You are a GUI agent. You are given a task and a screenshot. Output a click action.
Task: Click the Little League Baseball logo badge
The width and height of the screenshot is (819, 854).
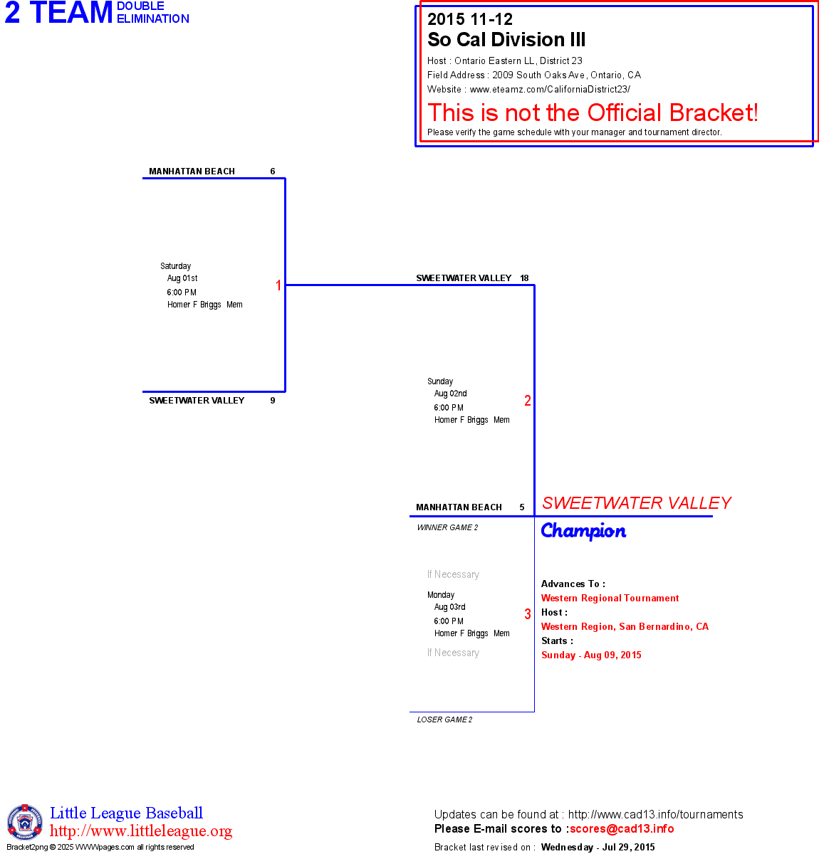[25, 822]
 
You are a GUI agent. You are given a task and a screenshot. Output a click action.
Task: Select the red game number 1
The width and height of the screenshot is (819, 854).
[278, 285]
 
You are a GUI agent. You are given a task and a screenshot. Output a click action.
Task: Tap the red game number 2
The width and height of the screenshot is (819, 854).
[528, 401]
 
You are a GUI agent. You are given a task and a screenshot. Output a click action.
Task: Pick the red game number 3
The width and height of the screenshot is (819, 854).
[528, 614]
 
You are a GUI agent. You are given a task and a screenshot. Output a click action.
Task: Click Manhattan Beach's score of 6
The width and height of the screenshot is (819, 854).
[273, 172]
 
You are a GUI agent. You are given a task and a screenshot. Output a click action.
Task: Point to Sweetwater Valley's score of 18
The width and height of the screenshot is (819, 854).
[524, 278]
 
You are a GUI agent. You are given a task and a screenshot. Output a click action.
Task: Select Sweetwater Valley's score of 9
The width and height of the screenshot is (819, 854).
[273, 401]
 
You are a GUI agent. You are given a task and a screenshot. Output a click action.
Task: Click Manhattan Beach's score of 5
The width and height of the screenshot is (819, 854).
[522, 507]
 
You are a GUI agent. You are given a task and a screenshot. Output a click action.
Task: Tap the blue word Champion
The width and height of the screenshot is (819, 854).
[583, 531]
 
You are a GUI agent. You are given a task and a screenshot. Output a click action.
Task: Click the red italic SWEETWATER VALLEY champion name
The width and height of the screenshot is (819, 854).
[636, 503]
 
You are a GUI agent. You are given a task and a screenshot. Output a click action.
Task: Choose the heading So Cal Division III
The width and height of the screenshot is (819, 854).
[506, 40]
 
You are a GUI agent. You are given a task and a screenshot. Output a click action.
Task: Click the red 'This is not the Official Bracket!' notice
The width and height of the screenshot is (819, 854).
[593, 112]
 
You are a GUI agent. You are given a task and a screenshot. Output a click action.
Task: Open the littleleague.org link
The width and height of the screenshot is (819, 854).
[141, 831]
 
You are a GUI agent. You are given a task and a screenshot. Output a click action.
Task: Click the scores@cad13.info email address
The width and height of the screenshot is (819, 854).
[622, 828]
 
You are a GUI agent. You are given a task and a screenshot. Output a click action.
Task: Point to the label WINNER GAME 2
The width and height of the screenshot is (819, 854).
[447, 527]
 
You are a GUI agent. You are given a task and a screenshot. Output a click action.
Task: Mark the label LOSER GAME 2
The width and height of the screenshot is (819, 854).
[444, 719]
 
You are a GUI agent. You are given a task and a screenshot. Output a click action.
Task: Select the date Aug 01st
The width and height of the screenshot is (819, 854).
[182, 278]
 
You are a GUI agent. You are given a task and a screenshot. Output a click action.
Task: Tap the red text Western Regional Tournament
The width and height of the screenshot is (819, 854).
[610, 599]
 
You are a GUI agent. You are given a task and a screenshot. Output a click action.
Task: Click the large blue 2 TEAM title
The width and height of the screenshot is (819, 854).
[59, 13]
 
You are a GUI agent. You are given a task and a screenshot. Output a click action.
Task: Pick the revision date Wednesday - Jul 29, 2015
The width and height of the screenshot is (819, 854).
[598, 847]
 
